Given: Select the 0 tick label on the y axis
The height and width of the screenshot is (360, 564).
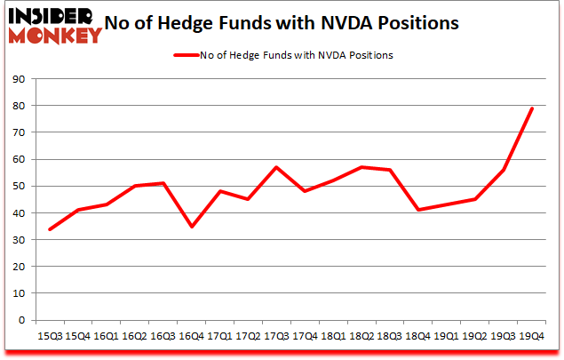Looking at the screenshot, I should [x=20, y=320].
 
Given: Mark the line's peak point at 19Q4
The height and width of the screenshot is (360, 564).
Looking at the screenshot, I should [x=531, y=108].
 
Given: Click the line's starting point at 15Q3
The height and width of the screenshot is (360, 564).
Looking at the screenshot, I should [x=49, y=229].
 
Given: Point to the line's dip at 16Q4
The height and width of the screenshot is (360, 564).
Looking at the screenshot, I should [x=191, y=227].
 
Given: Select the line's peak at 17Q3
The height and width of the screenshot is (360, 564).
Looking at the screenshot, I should [x=276, y=167].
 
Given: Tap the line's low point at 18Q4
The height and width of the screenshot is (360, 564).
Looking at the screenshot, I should [x=417, y=210].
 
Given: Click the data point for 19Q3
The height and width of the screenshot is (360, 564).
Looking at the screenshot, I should [x=503, y=170].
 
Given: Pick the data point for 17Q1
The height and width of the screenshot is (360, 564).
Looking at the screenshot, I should [x=219, y=191].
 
